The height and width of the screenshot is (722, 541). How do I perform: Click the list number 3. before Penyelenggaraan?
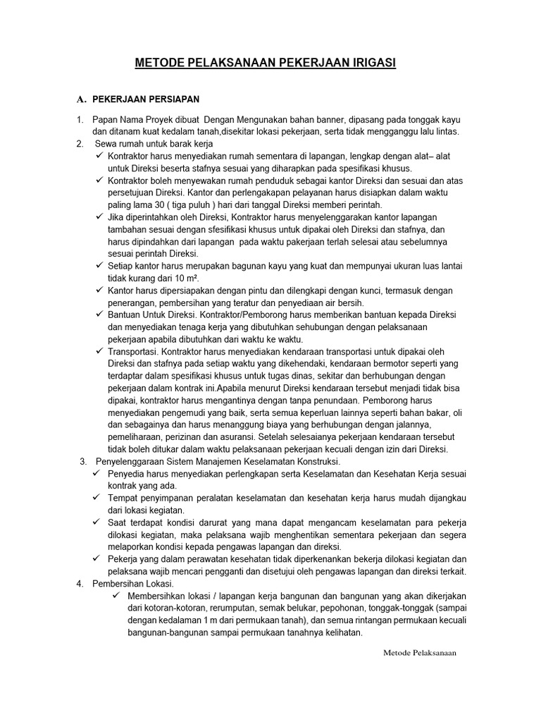tap(82, 461)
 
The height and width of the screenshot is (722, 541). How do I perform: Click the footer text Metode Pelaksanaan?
tap(420, 653)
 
